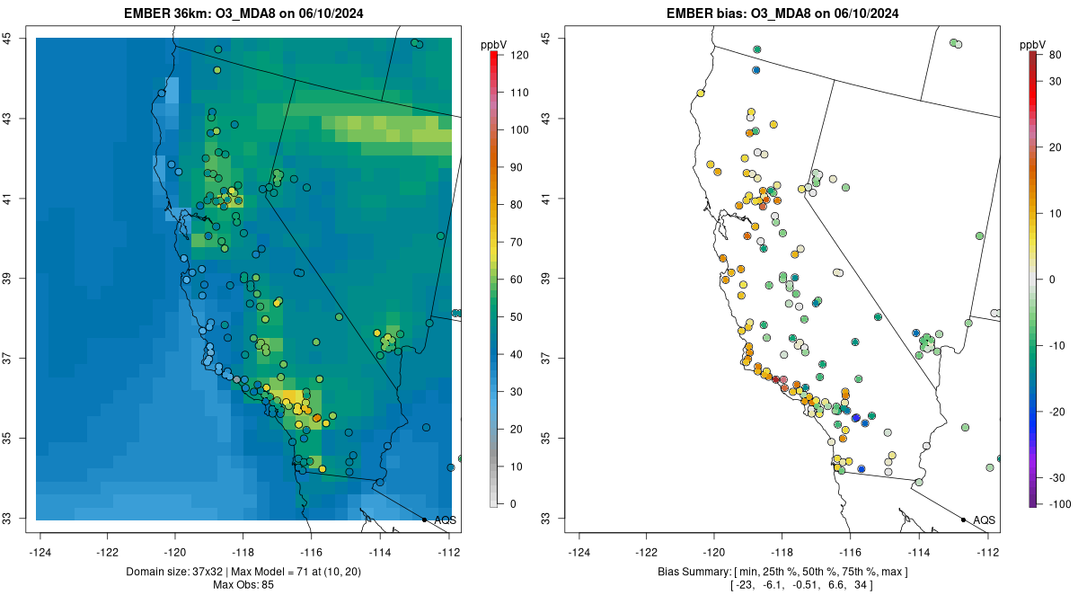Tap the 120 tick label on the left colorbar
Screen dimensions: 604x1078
518,55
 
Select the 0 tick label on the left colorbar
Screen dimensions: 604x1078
513,503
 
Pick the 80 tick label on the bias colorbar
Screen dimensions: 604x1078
1055,55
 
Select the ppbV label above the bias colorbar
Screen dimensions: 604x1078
1035,44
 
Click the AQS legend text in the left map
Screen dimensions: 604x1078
445,520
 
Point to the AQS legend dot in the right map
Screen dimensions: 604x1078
963,520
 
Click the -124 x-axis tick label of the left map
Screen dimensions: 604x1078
40,552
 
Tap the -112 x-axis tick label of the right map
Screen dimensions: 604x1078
988,552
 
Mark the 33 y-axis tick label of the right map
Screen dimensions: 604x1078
546,519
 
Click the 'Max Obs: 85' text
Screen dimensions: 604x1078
244,585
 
